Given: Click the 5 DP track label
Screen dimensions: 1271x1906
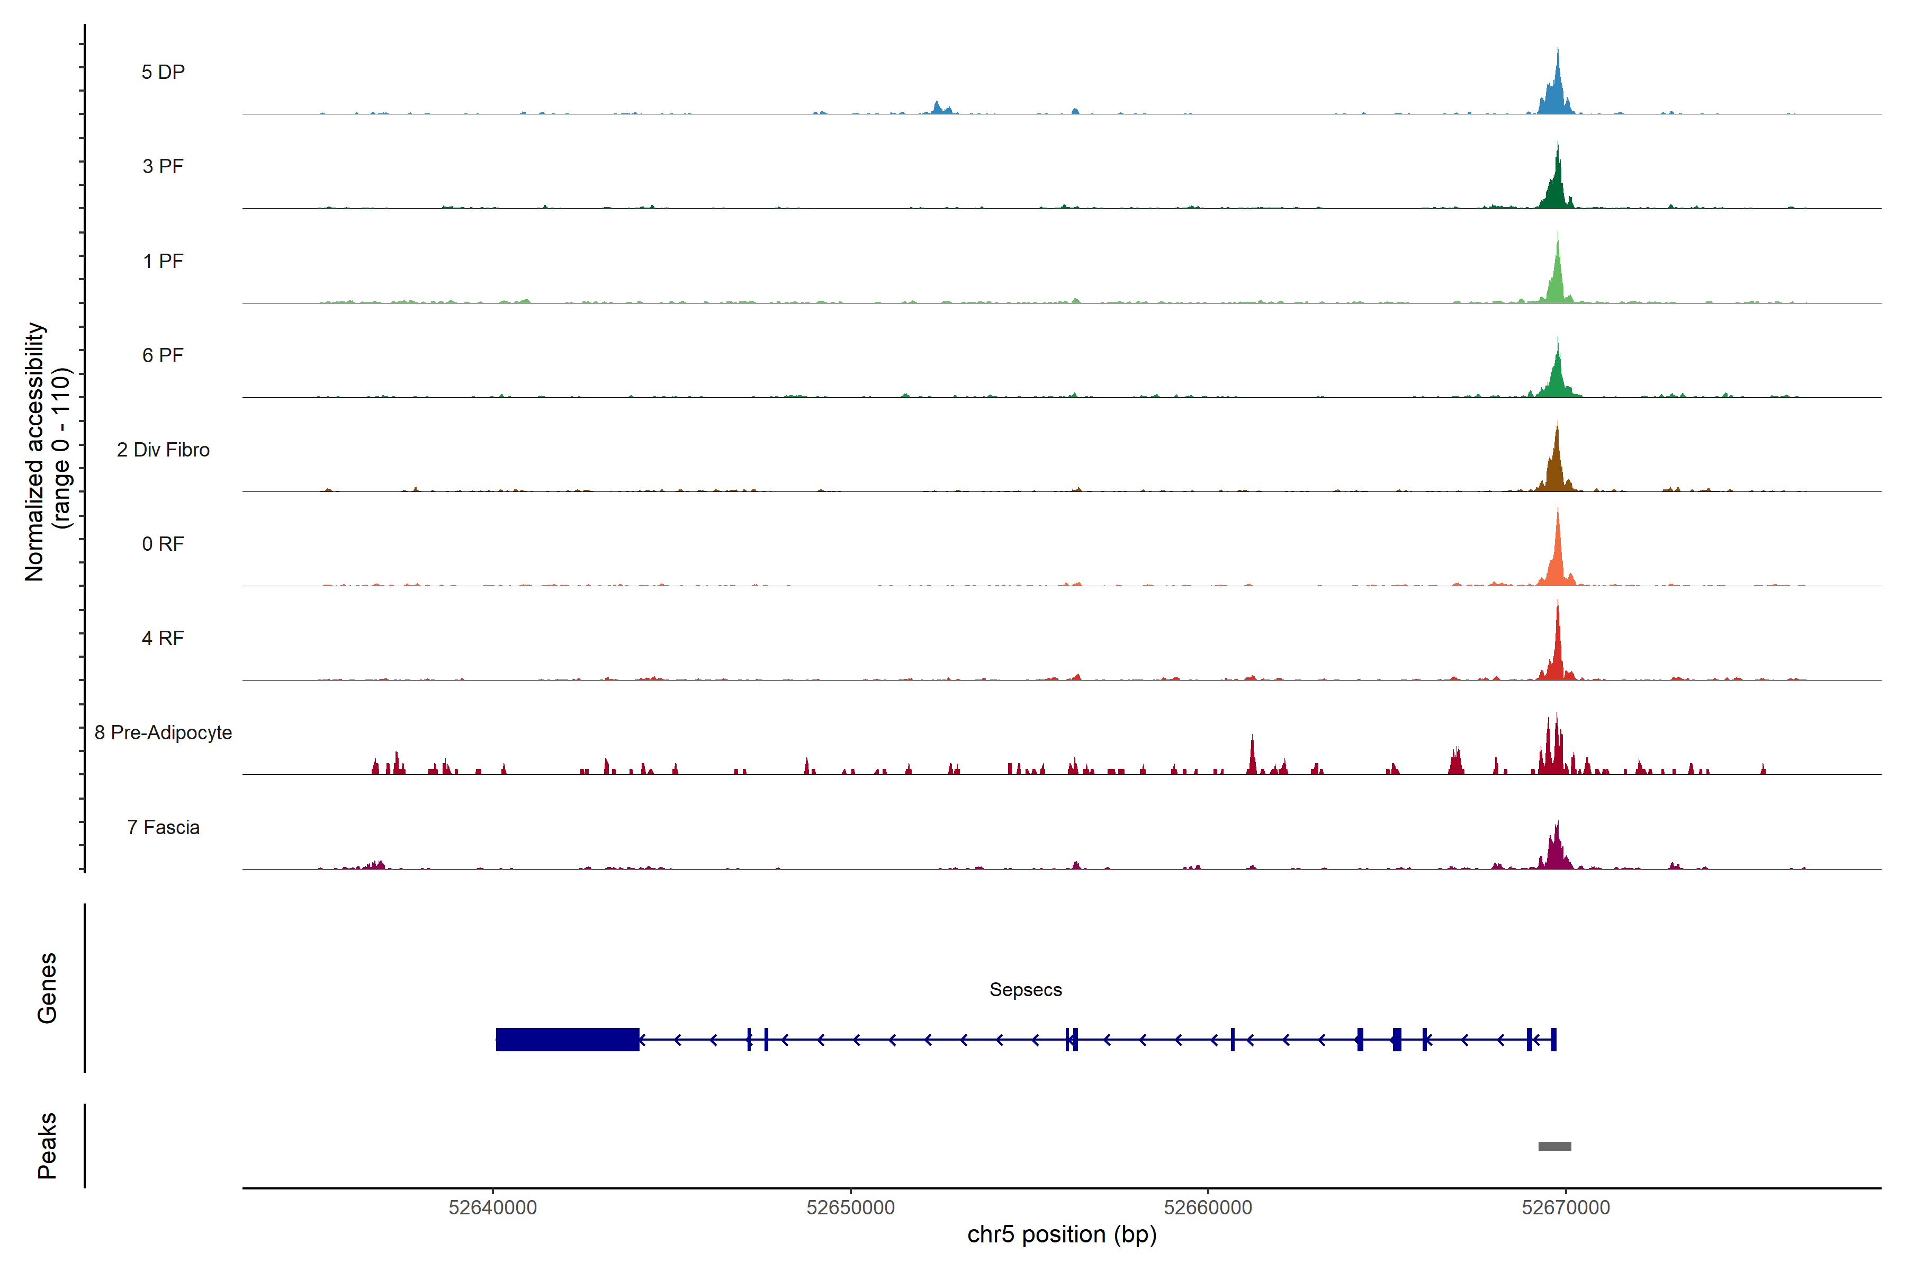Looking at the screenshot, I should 163,72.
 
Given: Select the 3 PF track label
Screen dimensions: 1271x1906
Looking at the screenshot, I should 163,166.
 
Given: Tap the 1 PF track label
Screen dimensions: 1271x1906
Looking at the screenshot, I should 163,261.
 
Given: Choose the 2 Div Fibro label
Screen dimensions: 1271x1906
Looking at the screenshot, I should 163,450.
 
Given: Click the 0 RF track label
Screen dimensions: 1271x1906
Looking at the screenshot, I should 163,544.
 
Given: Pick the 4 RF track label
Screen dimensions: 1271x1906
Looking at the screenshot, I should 163,638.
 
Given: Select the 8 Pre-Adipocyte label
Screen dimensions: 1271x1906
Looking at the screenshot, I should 163,733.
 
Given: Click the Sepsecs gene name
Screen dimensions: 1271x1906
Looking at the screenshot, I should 1025,990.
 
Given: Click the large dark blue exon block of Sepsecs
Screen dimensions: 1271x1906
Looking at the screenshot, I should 567,1039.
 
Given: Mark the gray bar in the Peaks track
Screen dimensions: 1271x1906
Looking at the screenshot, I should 1554,1146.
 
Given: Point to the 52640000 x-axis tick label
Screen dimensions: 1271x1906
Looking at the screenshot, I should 493,1208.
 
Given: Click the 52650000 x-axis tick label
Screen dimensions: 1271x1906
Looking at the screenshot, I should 850,1208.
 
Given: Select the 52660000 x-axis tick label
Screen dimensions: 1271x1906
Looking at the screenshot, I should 1208,1208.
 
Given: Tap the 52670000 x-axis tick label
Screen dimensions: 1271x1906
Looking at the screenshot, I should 1566,1208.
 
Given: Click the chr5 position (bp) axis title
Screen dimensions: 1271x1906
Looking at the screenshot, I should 1062,1234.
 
